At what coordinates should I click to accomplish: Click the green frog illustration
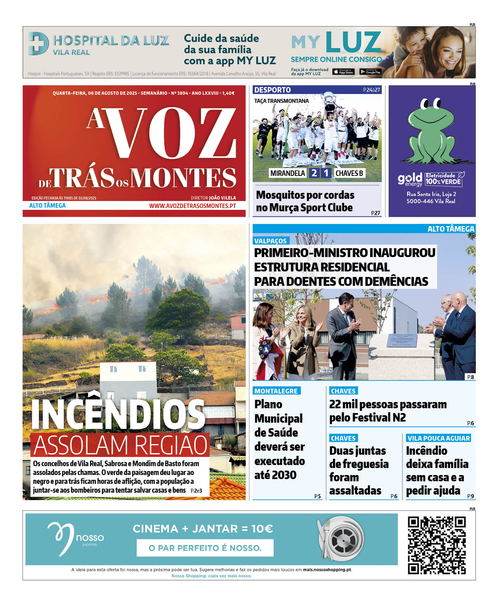[x=432, y=131]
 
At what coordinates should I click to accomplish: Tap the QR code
[x=437, y=545]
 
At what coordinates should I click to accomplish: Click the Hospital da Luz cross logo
[x=38, y=44]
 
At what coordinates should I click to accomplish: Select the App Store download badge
[x=343, y=72]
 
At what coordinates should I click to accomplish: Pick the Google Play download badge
[x=370, y=72]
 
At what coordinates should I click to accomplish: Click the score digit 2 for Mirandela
[x=314, y=173]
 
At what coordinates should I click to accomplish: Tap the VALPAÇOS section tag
[x=270, y=241]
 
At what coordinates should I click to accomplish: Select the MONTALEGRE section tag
[x=276, y=391]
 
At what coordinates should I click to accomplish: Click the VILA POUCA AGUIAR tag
[x=439, y=438]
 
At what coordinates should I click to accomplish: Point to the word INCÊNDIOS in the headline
[x=118, y=415]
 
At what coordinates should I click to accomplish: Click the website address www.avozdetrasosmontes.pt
[x=192, y=206]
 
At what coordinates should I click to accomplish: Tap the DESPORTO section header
[x=272, y=90]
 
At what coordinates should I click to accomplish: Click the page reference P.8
[x=470, y=377]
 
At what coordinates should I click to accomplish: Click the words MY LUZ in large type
[x=336, y=42]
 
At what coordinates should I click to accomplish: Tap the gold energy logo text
[x=409, y=180]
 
